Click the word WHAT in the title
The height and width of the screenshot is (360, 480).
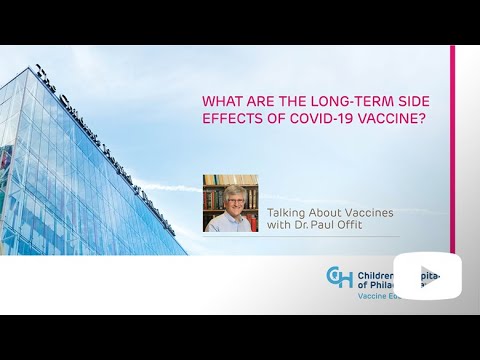(220, 100)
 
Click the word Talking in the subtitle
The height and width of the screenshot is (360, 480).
(287, 211)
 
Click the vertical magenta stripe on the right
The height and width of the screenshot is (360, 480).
(452, 150)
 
